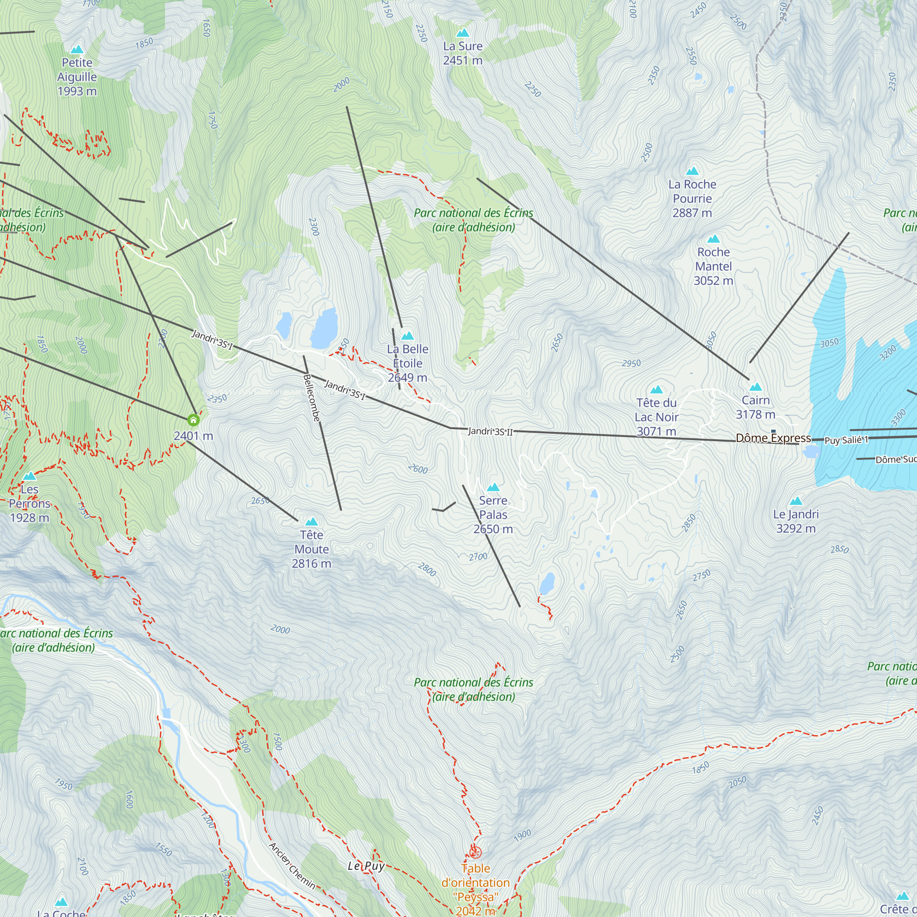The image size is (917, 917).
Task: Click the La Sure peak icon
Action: point(462,33)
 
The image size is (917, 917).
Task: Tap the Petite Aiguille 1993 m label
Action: point(77,77)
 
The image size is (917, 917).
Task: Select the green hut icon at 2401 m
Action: point(193,420)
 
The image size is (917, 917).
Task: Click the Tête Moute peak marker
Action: point(311,522)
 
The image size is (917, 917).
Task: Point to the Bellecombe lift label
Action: point(311,398)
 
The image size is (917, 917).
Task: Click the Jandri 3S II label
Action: point(490,431)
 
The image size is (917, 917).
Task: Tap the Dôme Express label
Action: point(773,438)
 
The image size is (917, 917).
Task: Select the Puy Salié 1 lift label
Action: point(846,440)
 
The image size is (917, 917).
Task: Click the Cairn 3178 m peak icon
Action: point(755,387)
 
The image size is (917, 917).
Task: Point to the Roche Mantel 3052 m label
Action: point(713,266)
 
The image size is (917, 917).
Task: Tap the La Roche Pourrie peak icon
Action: point(692,171)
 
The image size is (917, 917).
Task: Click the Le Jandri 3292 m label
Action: point(795,521)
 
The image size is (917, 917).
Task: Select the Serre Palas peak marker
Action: point(493,487)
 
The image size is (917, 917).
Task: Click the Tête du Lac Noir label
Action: point(657,417)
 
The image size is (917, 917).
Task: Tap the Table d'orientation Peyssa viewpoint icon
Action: point(475,851)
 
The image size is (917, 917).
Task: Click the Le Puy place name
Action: point(366,866)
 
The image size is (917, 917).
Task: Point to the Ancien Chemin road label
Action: point(292,865)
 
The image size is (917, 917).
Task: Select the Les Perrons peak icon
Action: point(29,475)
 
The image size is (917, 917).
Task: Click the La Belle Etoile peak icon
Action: point(407,336)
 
